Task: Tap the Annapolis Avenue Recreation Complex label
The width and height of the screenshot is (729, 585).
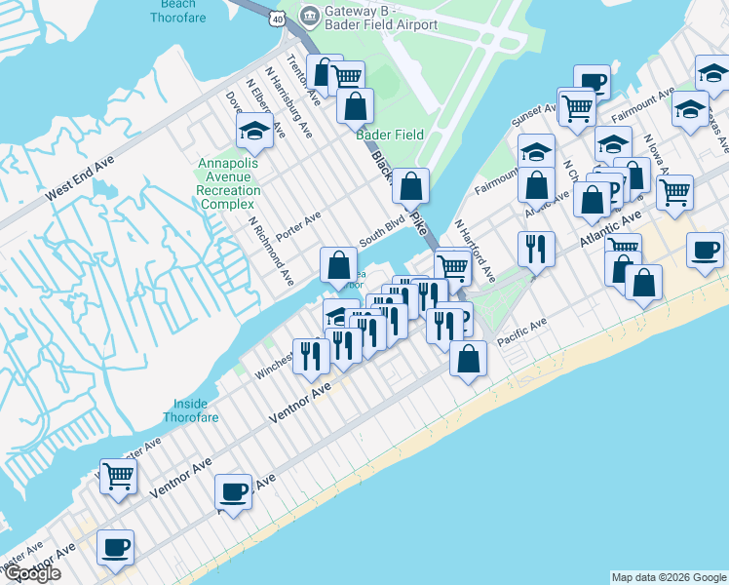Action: [x=229, y=183]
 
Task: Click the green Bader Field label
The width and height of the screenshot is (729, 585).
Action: [x=390, y=135]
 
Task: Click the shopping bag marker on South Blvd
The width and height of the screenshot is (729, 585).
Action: [x=338, y=264]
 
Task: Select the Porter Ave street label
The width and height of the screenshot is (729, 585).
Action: [x=298, y=226]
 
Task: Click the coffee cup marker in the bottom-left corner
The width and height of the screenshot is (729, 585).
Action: [x=115, y=548]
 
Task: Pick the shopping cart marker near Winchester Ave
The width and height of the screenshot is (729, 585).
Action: [x=118, y=477]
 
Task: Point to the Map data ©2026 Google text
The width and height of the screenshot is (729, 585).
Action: [x=669, y=577]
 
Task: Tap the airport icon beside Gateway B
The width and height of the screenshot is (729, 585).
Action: [x=310, y=15]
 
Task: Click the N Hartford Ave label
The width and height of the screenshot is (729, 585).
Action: [x=475, y=252]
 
